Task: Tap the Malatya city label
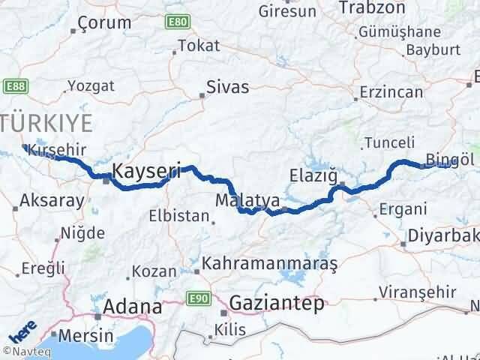pos(239,201)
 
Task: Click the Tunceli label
pos(388,142)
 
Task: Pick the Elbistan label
pos(180,216)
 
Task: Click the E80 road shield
pos(178,22)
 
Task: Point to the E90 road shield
pos(198,299)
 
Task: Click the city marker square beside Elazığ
pos(343,184)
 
